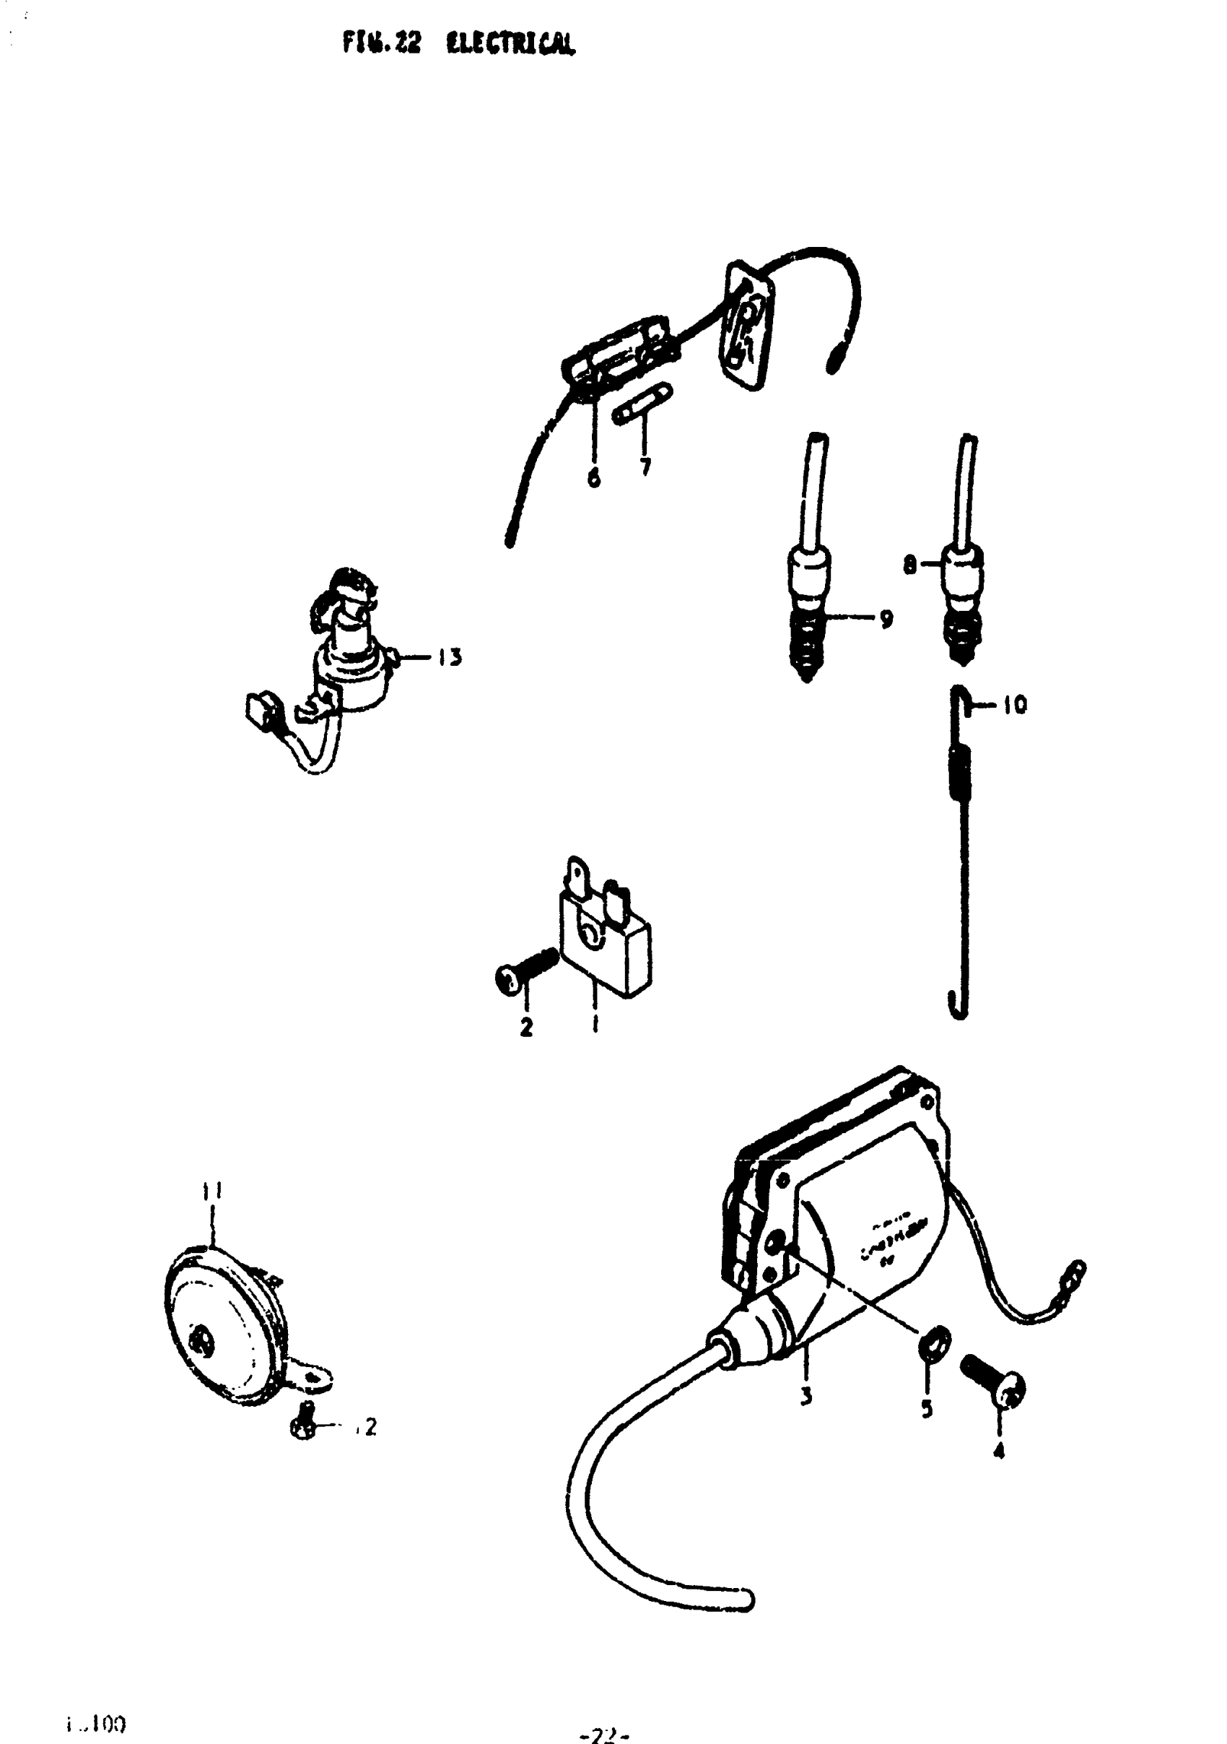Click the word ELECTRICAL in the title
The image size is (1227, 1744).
point(510,45)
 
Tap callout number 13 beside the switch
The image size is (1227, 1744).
point(450,658)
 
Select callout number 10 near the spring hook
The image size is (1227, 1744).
point(1015,706)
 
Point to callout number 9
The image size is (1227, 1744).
point(886,619)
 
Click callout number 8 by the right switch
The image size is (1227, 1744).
point(909,565)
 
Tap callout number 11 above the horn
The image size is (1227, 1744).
point(212,1191)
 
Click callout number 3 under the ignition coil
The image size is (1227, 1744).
point(805,1396)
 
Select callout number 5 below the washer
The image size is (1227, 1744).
point(926,1410)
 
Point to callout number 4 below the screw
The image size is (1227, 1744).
point(999,1452)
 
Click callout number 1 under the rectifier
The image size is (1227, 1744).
point(595,1025)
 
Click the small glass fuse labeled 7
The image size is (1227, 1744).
point(642,405)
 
